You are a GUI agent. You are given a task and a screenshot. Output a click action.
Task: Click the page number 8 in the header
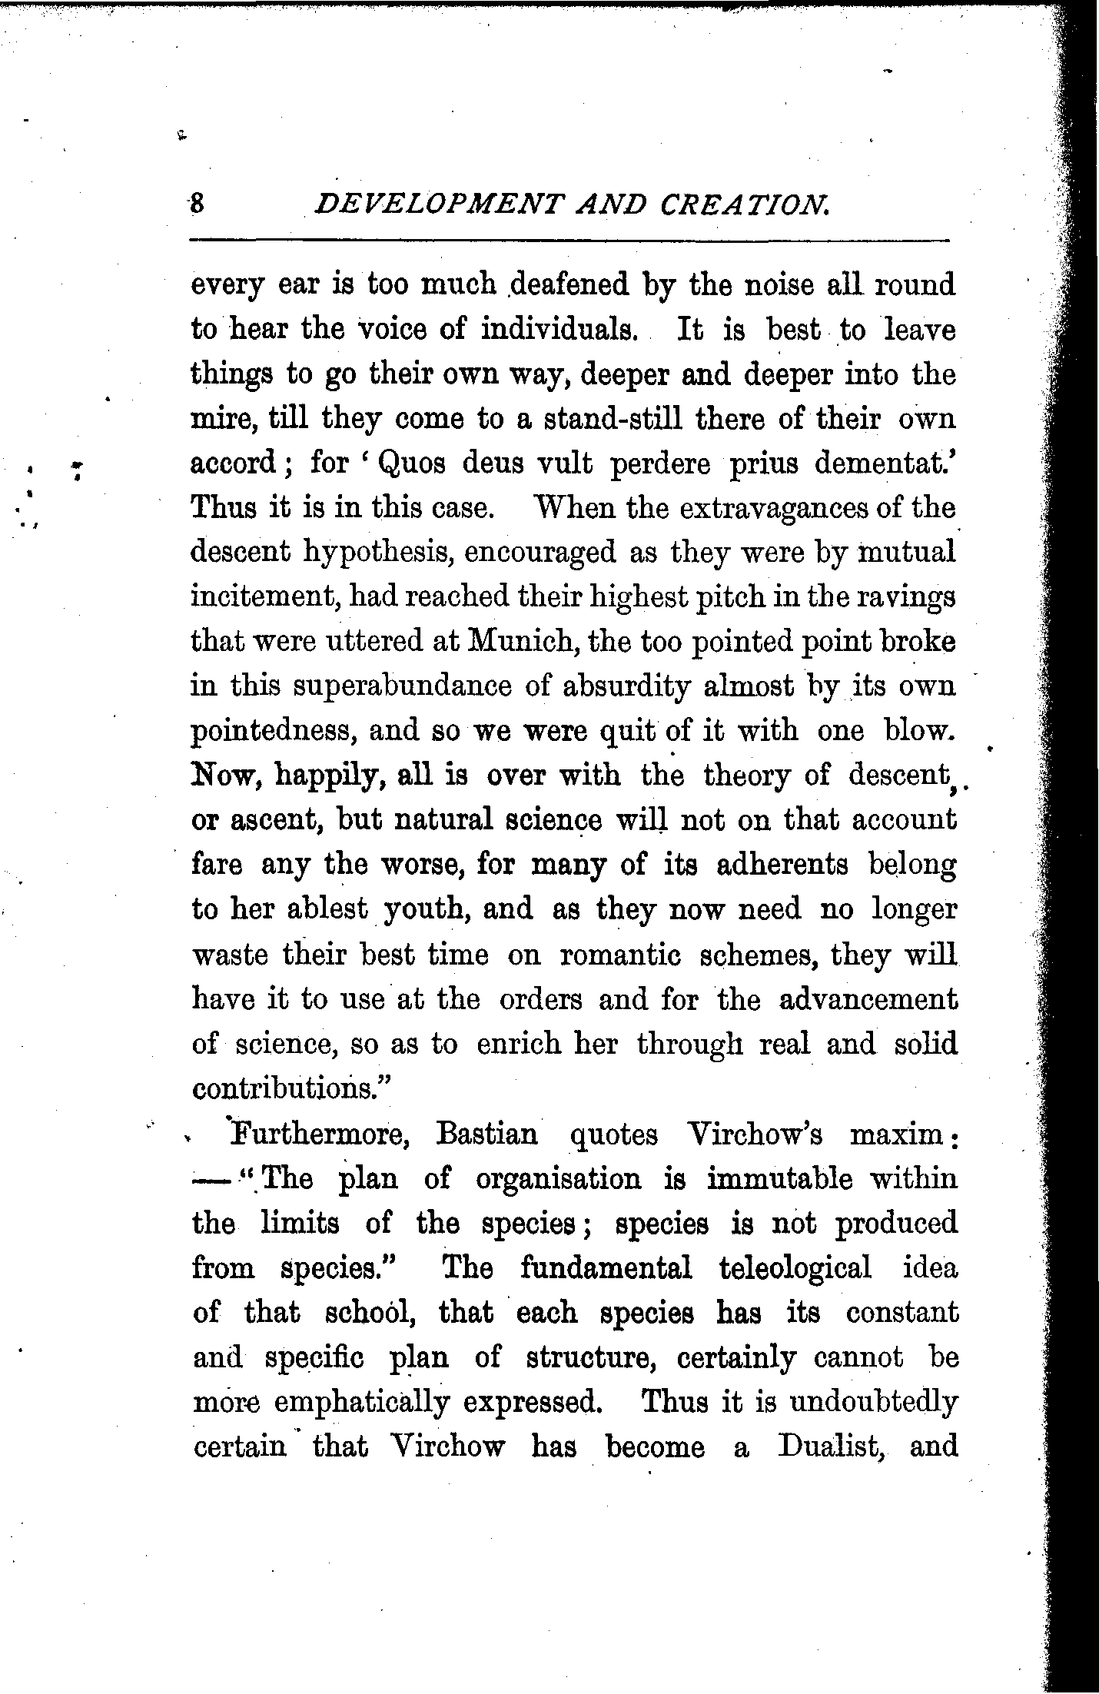click(197, 204)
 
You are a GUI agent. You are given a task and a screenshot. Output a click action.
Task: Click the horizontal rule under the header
click(569, 241)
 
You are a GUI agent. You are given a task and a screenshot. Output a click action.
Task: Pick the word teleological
click(795, 1268)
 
